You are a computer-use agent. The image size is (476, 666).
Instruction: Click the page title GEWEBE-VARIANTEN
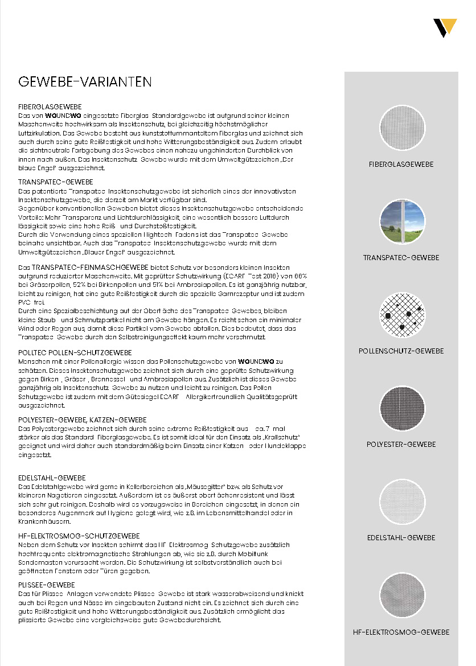tap(85, 82)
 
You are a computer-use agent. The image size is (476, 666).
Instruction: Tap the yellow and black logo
tap(444, 27)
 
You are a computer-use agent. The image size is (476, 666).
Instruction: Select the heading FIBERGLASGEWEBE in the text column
tap(50, 107)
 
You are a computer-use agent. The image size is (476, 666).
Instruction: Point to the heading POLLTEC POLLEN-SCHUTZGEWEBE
tap(75, 353)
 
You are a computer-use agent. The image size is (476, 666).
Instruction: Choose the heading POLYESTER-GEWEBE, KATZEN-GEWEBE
tap(83, 420)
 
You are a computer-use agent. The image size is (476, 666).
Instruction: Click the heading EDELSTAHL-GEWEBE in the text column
tap(52, 478)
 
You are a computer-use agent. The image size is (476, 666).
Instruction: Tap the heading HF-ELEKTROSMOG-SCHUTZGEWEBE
tap(79, 536)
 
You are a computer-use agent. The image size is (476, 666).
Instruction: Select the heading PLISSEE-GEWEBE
tap(47, 585)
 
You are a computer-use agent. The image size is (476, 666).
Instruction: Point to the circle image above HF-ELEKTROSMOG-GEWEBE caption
tap(401, 595)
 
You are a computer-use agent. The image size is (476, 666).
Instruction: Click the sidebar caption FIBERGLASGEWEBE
tap(401, 165)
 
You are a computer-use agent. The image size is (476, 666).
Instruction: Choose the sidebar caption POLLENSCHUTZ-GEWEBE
tap(401, 351)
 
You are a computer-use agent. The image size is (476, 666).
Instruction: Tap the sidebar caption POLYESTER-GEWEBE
tap(401, 445)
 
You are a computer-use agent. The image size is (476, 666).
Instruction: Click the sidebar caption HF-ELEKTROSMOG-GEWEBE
tap(401, 632)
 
